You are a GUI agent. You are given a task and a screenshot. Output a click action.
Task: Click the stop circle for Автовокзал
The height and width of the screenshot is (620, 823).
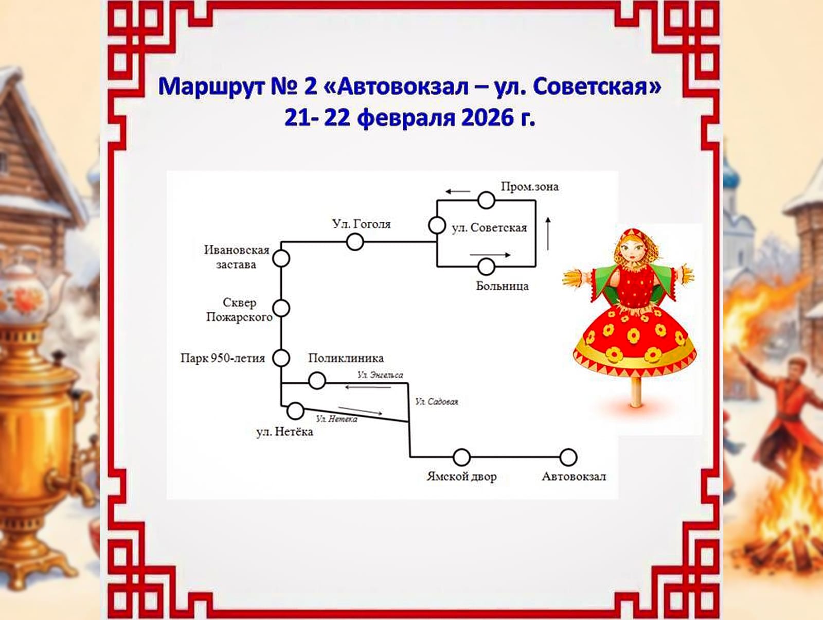tap(568, 457)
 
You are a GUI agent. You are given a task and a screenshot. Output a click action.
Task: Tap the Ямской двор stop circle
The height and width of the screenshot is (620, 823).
tap(461, 457)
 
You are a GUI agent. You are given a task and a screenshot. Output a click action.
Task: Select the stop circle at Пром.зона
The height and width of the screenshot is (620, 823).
tap(486, 200)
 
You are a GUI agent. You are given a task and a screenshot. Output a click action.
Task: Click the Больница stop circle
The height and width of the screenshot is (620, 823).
tap(486, 267)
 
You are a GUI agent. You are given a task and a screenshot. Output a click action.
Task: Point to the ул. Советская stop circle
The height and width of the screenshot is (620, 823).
tap(437, 225)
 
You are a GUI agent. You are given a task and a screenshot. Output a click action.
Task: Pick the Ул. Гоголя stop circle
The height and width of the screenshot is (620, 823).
tap(355, 241)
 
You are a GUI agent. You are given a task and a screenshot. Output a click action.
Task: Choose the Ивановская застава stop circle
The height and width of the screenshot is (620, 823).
tap(281, 258)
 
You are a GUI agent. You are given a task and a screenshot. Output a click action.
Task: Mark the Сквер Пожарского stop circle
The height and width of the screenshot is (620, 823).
tap(281, 308)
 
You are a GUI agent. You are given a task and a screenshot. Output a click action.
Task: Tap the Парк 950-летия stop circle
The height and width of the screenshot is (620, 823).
tap(281, 358)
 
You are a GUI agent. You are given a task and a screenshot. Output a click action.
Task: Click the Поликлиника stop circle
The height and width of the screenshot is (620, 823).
tap(317, 381)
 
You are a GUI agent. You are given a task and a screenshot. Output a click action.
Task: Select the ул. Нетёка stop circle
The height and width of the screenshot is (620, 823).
tap(295, 411)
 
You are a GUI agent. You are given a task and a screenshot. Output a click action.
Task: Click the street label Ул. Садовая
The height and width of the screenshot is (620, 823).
tap(436, 401)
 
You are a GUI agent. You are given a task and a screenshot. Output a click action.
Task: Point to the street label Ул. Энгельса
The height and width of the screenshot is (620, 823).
tap(380, 375)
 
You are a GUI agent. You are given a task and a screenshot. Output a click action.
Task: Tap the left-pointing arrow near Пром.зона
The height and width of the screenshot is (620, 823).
tap(457, 192)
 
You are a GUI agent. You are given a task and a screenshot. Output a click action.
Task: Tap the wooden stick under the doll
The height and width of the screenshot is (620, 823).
tap(636, 391)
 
